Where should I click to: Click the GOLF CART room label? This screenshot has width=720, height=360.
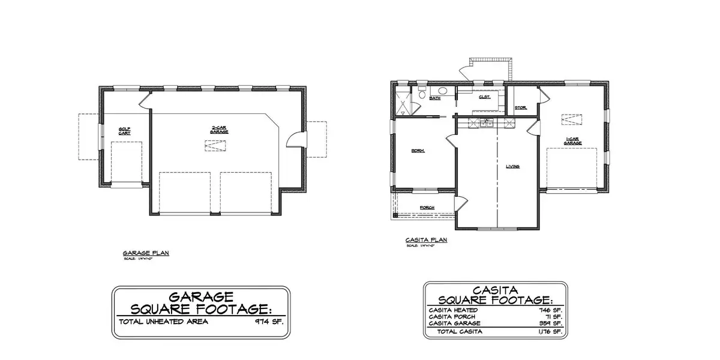[x=125, y=130]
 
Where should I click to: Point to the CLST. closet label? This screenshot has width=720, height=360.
[x=485, y=96]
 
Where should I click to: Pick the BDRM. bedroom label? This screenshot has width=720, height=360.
[x=418, y=151]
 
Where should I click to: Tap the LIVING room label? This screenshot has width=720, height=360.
[x=512, y=166]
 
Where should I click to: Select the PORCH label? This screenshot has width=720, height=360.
[x=427, y=208]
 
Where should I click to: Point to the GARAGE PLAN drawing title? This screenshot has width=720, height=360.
[x=146, y=253]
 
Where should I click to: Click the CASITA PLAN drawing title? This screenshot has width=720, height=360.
[x=427, y=240]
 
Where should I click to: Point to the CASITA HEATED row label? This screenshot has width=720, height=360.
[x=453, y=310]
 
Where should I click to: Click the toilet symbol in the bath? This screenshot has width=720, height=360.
[x=422, y=94]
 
